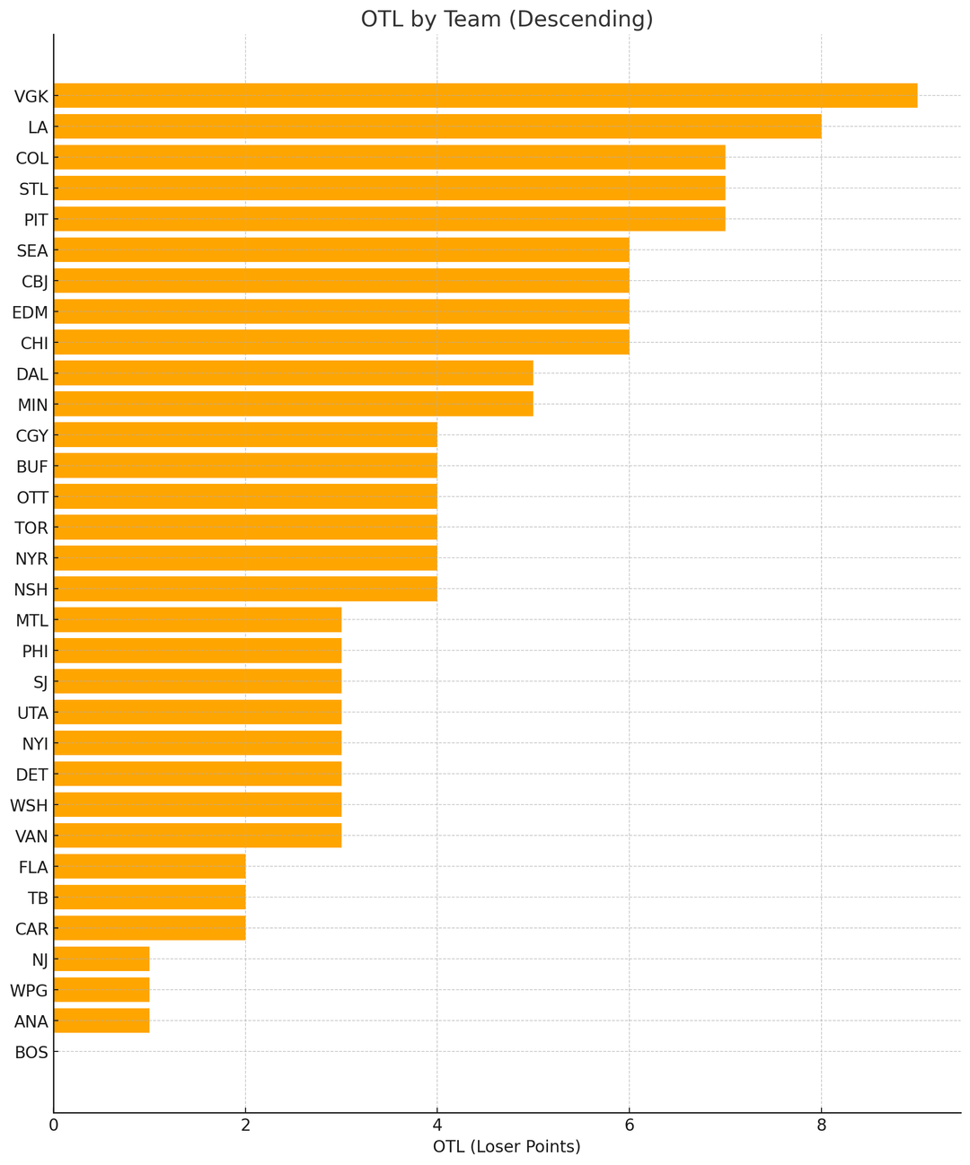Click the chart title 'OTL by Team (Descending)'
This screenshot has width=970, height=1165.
click(507, 20)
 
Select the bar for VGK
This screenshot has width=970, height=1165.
click(485, 95)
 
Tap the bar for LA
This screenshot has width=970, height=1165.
click(437, 127)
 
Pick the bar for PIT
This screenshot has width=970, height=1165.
click(389, 219)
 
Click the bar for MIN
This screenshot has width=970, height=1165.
click(294, 404)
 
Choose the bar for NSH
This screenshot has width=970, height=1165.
click(245, 589)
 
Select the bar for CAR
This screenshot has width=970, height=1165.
click(149, 928)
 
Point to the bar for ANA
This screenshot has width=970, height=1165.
click(101, 1020)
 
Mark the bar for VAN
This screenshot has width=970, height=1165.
click(198, 836)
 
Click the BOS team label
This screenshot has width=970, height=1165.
click(31, 1052)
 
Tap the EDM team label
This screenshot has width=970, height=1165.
click(31, 312)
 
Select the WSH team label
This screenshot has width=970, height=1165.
click(30, 805)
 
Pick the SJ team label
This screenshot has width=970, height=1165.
click(39, 682)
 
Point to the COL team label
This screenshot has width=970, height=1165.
click(31, 158)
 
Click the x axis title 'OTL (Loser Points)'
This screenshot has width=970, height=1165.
click(507, 1147)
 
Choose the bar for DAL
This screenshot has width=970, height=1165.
click(294, 372)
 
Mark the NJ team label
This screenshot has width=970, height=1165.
click(39, 959)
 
